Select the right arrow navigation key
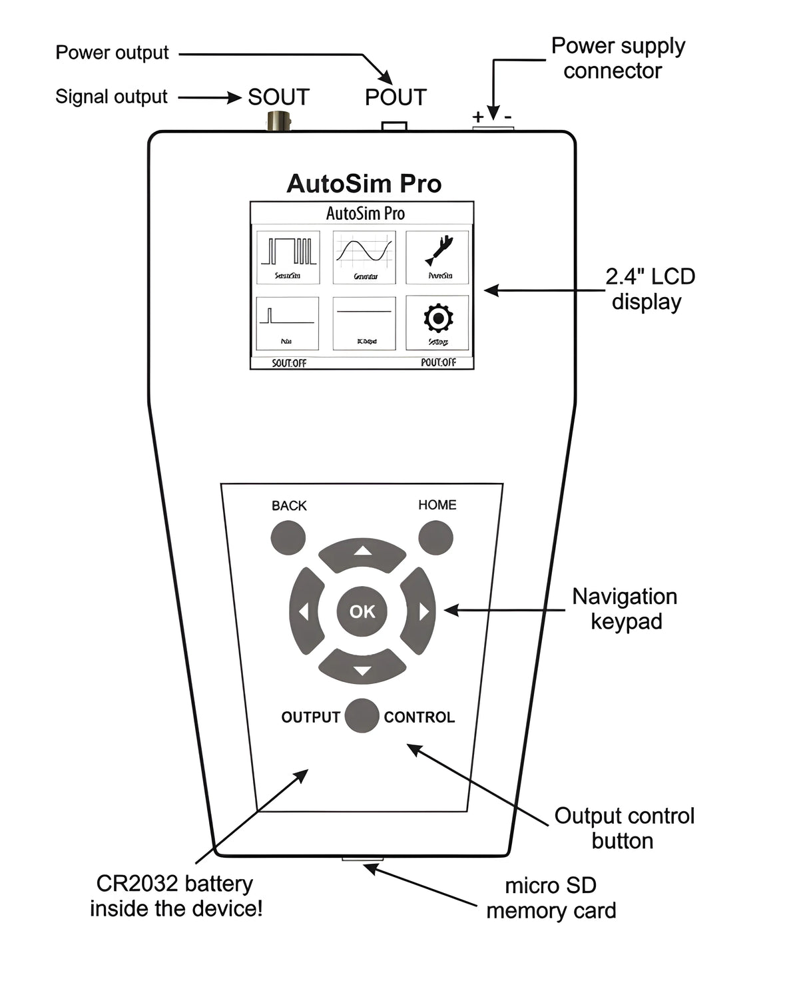click(x=419, y=611)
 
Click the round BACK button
click(x=288, y=537)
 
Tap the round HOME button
click(x=436, y=537)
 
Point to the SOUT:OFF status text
click(x=289, y=363)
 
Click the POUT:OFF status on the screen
click(x=438, y=362)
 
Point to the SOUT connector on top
click(x=278, y=121)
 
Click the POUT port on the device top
click(x=394, y=126)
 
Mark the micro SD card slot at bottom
click(x=362, y=859)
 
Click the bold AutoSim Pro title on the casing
click(x=364, y=184)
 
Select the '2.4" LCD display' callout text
click(x=649, y=289)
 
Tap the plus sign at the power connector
click(x=478, y=117)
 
